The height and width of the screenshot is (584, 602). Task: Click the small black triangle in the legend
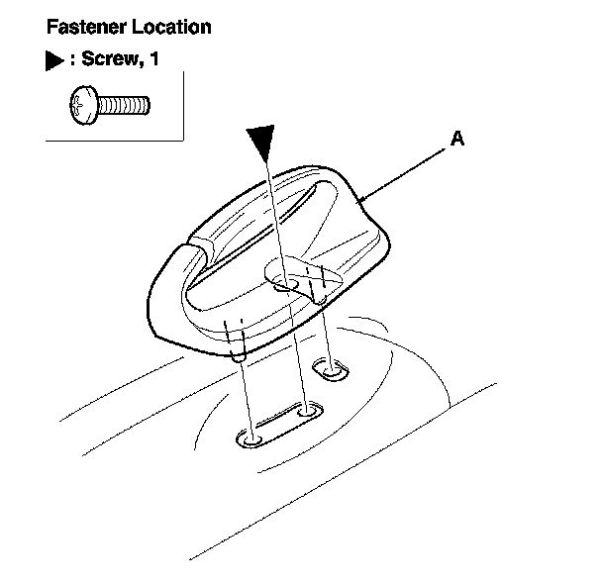click(x=53, y=62)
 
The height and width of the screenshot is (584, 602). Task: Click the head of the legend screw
click(x=83, y=103)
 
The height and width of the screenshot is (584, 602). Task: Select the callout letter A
click(x=456, y=140)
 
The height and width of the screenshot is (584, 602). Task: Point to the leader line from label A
click(x=406, y=172)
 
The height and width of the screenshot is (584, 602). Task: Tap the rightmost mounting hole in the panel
click(x=329, y=370)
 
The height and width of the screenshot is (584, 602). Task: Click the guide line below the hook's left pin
click(x=245, y=396)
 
